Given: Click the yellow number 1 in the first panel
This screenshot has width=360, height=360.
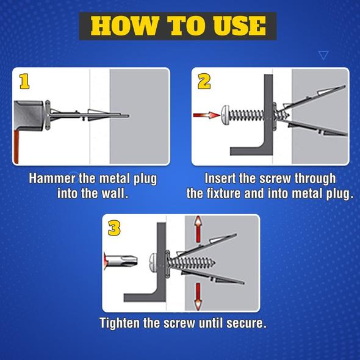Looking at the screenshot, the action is [24, 81].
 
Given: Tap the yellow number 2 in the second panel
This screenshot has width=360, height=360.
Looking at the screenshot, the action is [204, 81].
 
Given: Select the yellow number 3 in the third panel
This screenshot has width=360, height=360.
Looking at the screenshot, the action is [114, 228].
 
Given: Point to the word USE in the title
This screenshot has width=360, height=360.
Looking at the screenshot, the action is [239, 26].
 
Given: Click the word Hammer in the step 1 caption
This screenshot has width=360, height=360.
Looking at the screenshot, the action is [52, 179].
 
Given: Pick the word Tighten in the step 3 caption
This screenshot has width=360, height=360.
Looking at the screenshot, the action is [120, 323].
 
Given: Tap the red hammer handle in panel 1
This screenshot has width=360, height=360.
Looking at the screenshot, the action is [16, 146].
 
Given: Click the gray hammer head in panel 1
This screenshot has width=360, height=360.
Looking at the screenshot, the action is [29, 116].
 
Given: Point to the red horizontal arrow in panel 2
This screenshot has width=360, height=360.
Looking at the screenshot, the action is [207, 115].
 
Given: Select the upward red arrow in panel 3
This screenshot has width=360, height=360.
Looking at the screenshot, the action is [198, 229].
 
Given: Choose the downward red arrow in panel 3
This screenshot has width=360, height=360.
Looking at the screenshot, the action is [198, 297].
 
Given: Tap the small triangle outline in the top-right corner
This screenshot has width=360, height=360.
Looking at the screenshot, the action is [323, 55].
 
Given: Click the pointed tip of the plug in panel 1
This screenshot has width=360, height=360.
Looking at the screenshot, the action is [129, 116].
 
